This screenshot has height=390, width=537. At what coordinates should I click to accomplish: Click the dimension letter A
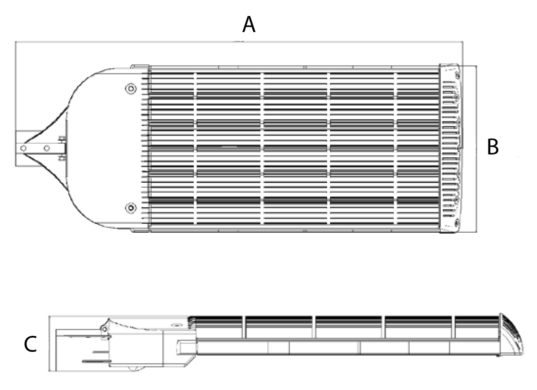248,25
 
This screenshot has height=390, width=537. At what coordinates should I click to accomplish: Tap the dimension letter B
493,147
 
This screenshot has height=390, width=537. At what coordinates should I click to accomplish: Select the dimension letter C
30,344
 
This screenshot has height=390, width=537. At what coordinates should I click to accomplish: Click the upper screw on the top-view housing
131,89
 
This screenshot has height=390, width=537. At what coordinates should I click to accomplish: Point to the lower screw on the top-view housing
131,208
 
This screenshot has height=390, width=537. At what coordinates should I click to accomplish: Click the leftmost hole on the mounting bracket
23,148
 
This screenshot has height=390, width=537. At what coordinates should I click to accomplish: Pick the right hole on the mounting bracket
47,148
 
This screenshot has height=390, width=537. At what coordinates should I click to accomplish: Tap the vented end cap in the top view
450,148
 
